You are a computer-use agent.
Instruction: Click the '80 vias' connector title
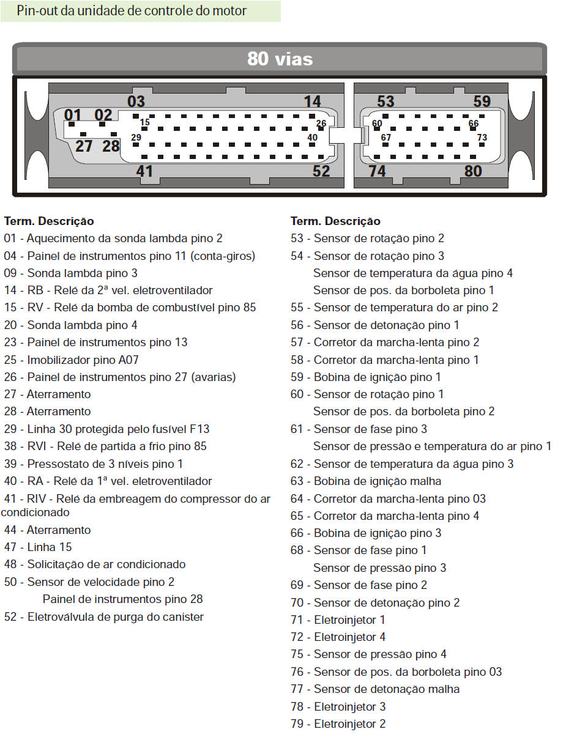point(280,59)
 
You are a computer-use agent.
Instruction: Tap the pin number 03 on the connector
point(136,102)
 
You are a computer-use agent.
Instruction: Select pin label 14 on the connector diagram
point(312,102)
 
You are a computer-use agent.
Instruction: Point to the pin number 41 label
point(144,171)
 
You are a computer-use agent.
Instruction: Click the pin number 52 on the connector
point(321,171)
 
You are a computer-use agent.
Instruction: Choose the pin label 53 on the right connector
point(385,102)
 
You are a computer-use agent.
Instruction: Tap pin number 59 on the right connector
point(482,102)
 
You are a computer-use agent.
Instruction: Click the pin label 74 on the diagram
point(377,171)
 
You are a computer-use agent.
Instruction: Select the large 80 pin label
point(473,171)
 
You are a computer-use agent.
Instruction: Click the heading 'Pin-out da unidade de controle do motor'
point(132,11)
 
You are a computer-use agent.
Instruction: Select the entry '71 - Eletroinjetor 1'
point(338,620)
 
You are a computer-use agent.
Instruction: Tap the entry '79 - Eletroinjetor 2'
point(338,724)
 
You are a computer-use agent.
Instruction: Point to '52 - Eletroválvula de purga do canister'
point(104,617)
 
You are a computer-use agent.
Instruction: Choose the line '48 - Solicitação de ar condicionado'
point(95,564)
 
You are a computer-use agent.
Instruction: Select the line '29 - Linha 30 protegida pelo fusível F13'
point(107,429)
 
